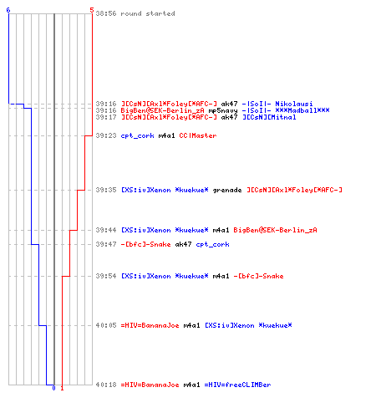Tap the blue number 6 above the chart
8,10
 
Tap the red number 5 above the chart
92,10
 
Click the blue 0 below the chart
53,388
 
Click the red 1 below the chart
62,388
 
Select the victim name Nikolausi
294,104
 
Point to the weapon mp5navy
223,110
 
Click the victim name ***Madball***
302,110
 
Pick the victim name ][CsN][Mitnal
269,117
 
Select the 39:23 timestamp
106,135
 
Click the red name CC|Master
198,135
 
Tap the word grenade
227,190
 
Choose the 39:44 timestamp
106,230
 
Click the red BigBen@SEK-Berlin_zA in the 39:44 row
275,230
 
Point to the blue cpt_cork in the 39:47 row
212,244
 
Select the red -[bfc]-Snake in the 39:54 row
258,276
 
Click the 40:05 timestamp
106,325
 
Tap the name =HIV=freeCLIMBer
237,385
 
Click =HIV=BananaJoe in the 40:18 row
150,385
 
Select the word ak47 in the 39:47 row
183,244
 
